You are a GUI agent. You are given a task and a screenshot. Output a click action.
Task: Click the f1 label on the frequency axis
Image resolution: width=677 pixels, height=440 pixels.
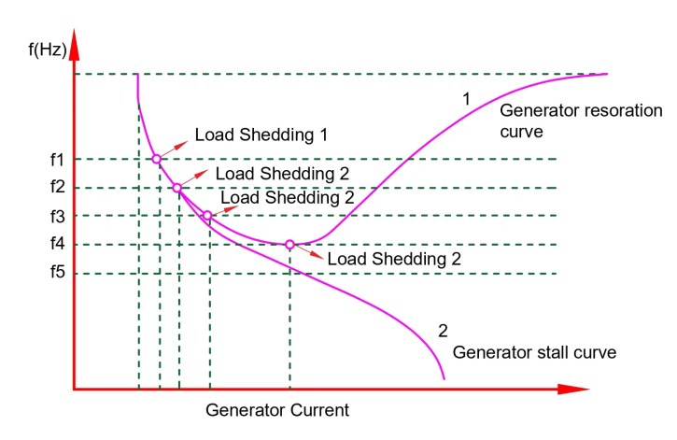coord(57,160)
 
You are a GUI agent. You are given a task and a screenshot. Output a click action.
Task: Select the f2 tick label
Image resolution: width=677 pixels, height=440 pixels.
coord(57,189)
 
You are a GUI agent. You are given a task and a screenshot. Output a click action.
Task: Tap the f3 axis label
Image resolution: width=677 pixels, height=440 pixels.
coord(57,217)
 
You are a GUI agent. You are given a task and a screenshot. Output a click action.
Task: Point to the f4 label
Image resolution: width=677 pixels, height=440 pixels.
coord(57,246)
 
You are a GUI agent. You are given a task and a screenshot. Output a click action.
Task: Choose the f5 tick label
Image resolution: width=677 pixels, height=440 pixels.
coord(57,275)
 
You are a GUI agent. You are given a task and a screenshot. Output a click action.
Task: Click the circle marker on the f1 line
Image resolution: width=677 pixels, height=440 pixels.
coord(156,160)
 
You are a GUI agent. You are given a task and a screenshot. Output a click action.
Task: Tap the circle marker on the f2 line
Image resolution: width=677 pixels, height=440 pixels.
coord(176,188)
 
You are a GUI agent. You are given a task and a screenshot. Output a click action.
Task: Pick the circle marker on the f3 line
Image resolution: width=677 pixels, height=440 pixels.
coord(207,216)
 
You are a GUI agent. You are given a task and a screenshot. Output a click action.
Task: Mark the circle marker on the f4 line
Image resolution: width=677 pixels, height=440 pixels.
coord(289,245)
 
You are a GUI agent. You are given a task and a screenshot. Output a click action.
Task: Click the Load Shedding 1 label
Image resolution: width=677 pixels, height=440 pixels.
coord(261,135)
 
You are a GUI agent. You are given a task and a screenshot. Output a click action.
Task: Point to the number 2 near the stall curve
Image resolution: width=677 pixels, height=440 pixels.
coord(443,330)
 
